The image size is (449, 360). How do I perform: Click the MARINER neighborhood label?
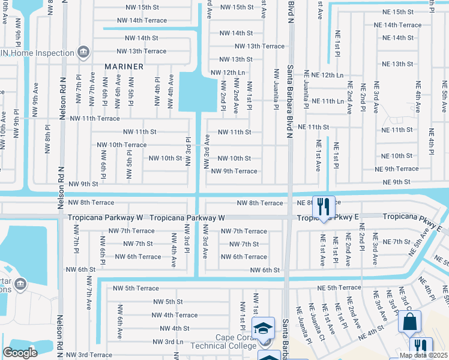click(124, 67)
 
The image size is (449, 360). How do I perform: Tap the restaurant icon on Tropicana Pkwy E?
click(324, 207)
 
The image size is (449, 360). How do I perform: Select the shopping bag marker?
click(409, 322)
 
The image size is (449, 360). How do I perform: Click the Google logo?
click(20, 352)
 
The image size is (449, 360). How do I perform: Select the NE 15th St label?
click(394, 12)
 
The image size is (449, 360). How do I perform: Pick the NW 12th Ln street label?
click(228, 73)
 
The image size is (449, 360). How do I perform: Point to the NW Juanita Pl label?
click(277, 89)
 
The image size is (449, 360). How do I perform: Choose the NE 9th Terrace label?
click(396, 169)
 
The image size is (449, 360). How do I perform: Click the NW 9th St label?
click(83, 184)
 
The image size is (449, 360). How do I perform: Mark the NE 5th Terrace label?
click(336, 288)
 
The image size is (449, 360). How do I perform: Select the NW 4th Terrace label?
click(175, 315)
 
